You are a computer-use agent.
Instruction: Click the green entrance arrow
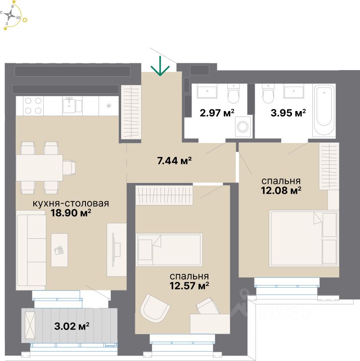(160, 66)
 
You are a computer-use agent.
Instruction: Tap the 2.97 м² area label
(217, 112)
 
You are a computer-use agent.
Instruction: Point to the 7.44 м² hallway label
(175, 160)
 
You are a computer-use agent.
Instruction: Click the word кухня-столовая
(71, 203)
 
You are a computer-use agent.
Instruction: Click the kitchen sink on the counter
(69, 105)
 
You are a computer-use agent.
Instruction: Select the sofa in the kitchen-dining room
(31, 251)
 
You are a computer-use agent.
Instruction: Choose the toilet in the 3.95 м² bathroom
(268, 94)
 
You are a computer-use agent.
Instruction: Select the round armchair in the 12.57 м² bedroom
(155, 309)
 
